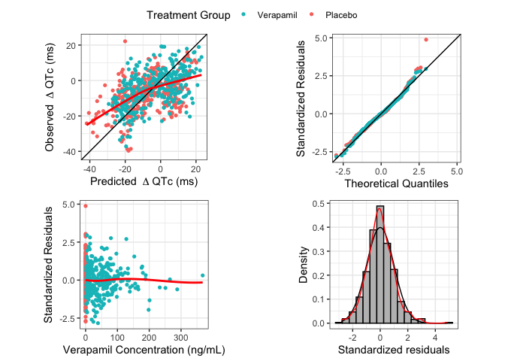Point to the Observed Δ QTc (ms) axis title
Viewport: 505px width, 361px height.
[50, 96]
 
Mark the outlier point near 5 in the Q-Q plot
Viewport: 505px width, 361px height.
[426, 39]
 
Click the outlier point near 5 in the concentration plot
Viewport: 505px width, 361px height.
[86, 205]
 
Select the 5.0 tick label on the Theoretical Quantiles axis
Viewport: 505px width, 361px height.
[456, 171]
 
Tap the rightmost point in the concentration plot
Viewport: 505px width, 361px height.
[202, 275]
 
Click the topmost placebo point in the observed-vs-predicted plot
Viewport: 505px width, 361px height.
[125, 41]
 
